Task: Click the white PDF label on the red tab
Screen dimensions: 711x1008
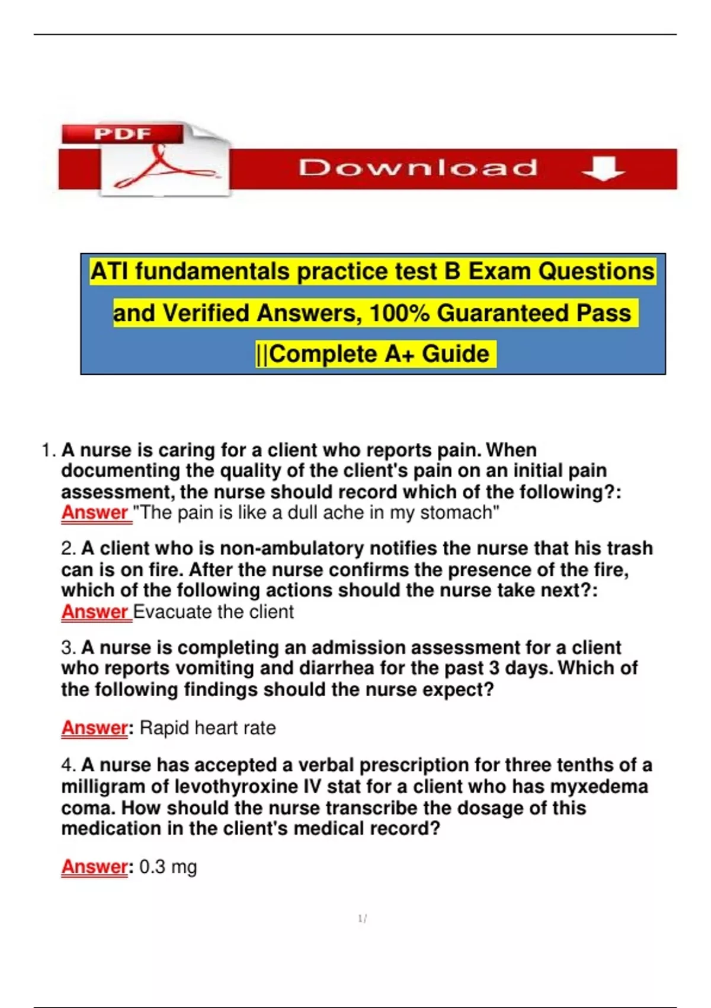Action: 122,134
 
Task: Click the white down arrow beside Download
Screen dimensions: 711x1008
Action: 603,169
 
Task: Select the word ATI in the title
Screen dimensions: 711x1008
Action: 110,272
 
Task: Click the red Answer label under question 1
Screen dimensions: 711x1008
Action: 95,512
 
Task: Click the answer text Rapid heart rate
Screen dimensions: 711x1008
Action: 208,728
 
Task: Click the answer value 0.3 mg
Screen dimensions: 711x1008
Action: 168,867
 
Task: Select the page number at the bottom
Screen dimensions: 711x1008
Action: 363,919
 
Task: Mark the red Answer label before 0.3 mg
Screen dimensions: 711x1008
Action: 95,867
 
